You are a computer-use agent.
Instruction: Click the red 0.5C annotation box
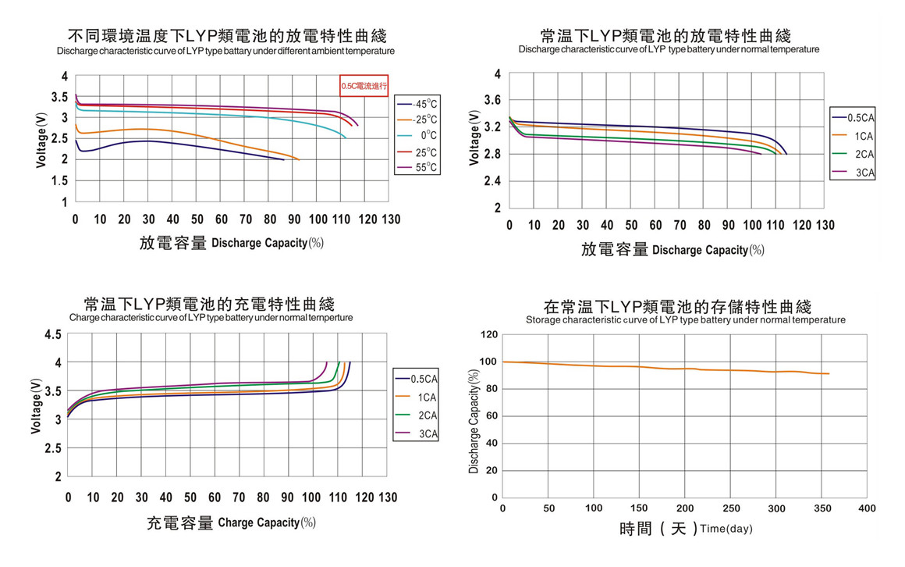(x=364, y=86)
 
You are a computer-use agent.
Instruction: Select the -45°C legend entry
(x=417, y=104)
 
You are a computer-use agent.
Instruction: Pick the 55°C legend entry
(x=417, y=168)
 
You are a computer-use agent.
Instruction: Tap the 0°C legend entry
(x=417, y=136)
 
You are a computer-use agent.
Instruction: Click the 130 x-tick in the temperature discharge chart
(x=391, y=219)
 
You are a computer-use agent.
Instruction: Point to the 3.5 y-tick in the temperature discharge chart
(x=59, y=98)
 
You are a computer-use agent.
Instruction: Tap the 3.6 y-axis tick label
(x=492, y=100)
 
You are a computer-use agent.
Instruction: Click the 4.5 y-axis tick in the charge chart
(x=53, y=335)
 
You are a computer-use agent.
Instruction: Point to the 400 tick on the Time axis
(x=866, y=508)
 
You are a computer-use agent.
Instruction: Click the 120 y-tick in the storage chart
(x=489, y=335)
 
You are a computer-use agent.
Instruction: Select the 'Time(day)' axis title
(x=726, y=530)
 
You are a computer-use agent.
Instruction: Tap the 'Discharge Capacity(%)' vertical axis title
(x=474, y=421)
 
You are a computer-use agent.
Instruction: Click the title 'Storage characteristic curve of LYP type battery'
(x=685, y=320)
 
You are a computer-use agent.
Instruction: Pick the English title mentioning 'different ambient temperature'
(x=225, y=51)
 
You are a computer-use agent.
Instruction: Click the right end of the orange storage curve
(x=829, y=374)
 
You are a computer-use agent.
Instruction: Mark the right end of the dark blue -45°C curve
(x=283, y=159)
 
